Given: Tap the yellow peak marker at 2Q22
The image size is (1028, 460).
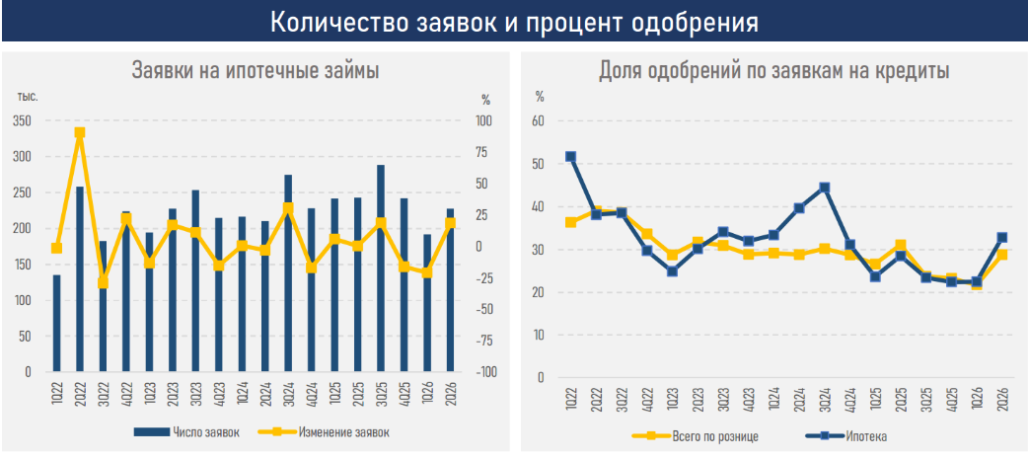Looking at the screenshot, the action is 80,132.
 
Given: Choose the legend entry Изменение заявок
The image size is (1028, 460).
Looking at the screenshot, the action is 323,431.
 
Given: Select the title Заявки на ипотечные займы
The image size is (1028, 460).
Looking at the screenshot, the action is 256,70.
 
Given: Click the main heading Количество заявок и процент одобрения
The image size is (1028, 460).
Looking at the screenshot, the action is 514,22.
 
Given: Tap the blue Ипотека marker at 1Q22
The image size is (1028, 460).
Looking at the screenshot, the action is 571,157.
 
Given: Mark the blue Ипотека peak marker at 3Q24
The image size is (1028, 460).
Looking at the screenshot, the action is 825,188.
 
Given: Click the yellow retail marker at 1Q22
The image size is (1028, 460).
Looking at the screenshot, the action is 571,222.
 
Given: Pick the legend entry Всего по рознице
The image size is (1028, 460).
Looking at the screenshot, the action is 696,435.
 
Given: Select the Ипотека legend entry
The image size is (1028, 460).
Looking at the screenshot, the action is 845,435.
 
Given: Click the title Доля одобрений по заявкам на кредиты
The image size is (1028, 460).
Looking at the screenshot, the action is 774,70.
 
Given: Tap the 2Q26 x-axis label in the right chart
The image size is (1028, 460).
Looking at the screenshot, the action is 1003,400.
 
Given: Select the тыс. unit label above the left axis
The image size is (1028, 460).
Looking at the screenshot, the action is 29,97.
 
